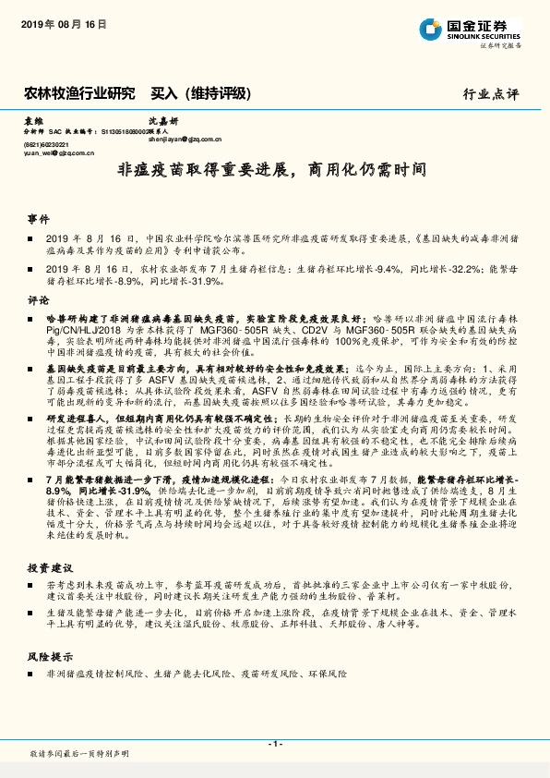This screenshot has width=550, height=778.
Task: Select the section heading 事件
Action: pos(38,219)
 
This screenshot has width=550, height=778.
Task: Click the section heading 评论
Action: pos(38,300)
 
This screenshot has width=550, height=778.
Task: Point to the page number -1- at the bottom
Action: pos(275,743)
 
